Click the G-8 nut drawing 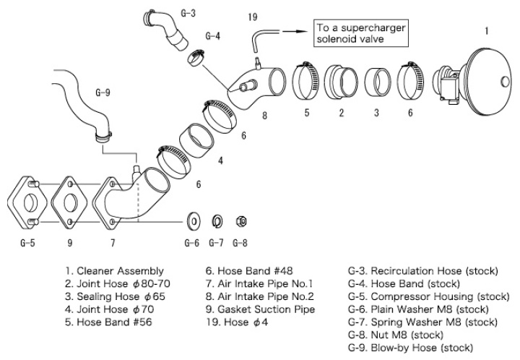pos(243,219)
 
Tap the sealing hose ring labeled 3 pos(376,78)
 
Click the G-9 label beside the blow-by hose pos(103,92)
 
